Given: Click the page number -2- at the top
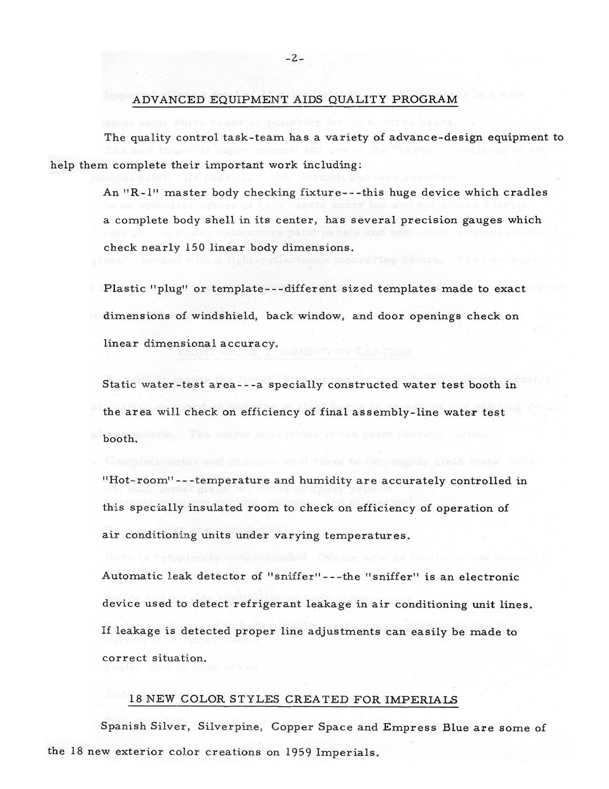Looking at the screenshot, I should (294, 59).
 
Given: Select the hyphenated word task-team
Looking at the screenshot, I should (241, 138).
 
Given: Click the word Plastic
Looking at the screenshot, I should (124, 289).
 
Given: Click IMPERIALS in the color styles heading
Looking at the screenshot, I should (421, 699).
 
